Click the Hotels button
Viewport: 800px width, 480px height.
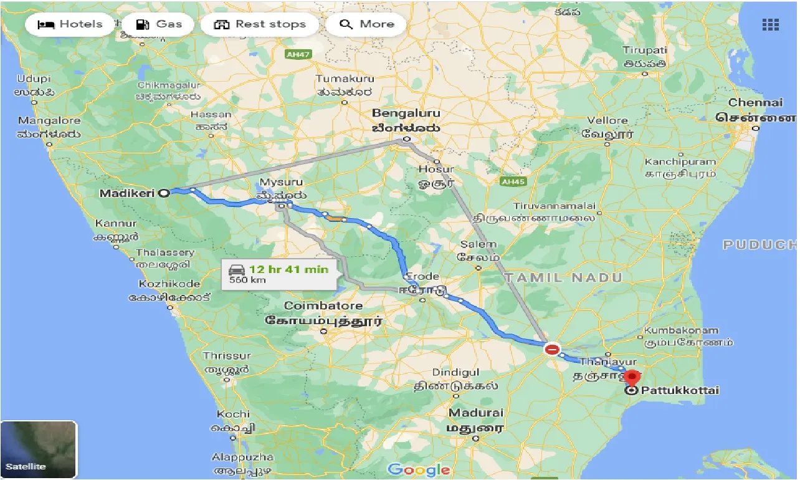click(70, 25)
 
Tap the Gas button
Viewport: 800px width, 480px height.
click(160, 25)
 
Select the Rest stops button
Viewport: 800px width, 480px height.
click(260, 25)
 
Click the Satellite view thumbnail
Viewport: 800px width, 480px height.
click(39, 449)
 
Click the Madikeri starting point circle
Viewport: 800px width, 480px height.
click(164, 193)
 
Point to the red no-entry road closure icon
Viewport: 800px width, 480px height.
click(551, 349)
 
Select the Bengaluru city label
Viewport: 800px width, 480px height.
click(406, 113)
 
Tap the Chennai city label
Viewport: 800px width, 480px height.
click(755, 102)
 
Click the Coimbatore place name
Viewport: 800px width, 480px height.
click(323, 306)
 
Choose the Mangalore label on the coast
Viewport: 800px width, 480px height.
click(49, 120)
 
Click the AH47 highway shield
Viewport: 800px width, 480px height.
click(297, 55)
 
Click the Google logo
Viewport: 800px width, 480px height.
click(418, 469)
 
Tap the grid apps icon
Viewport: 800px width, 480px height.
click(770, 25)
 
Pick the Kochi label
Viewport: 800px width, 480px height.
click(233, 414)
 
